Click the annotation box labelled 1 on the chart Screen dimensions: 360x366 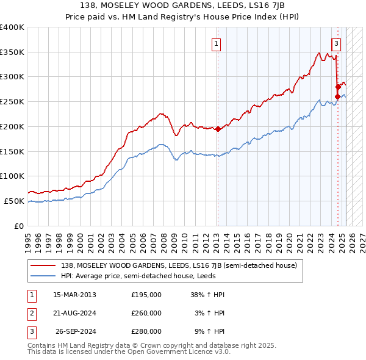[217, 43]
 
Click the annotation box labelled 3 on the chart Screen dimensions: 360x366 [336, 43]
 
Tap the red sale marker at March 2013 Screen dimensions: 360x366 [218, 129]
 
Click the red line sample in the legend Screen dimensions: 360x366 [43, 265]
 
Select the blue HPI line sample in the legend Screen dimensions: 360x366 [43, 276]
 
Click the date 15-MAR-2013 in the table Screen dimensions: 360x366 [75, 295]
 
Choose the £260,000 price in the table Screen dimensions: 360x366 [146, 313]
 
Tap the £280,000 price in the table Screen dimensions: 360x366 [146, 331]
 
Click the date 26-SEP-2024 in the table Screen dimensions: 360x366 [75, 331]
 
